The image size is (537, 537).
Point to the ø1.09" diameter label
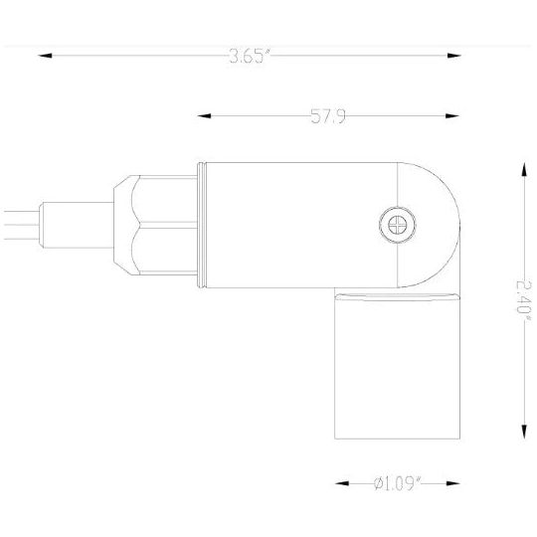399,483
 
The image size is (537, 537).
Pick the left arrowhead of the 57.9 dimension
205,117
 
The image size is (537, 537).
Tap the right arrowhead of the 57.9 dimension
458,117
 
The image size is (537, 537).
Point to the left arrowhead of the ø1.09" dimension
340,483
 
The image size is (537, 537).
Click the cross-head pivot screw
396,224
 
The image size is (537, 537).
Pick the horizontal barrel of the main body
298,225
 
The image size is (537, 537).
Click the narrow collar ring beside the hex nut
198,225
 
